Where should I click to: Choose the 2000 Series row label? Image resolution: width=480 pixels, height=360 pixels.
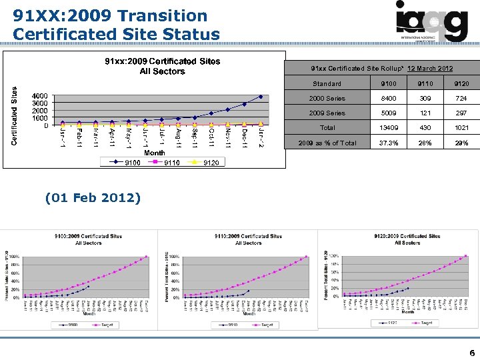(x=327, y=99)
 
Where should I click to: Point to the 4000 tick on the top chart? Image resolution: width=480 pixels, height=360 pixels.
(x=40, y=96)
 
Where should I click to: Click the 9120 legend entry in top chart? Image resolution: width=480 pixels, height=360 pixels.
(x=206, y=163)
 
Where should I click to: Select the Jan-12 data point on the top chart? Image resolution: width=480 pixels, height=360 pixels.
(x=261, y=97)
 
